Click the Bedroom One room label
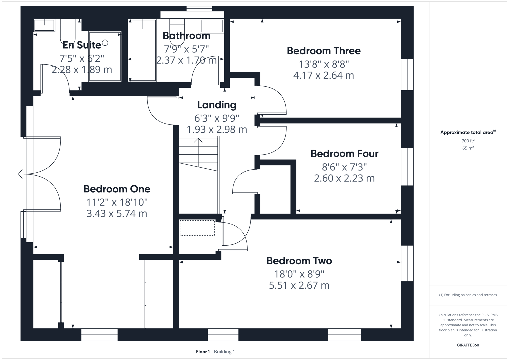[117, 189]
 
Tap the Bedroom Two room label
[299, 261]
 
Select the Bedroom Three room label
[323, 51]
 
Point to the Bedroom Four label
[344, 154]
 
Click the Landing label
[217, 105]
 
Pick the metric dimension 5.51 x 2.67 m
[299, 285]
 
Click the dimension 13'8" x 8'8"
[323, 64]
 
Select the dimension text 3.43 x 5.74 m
[117, 213]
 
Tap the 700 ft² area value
[468, 141]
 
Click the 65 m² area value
[468, 148]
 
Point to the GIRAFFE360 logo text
[468, 345]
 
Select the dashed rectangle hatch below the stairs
[197, 228]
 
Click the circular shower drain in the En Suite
[105, 42]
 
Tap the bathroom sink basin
[211, 25]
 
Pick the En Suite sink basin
[44, 25]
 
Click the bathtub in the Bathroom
[142, 50]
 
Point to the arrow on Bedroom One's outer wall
[20, 174]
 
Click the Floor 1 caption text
[203, 351]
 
